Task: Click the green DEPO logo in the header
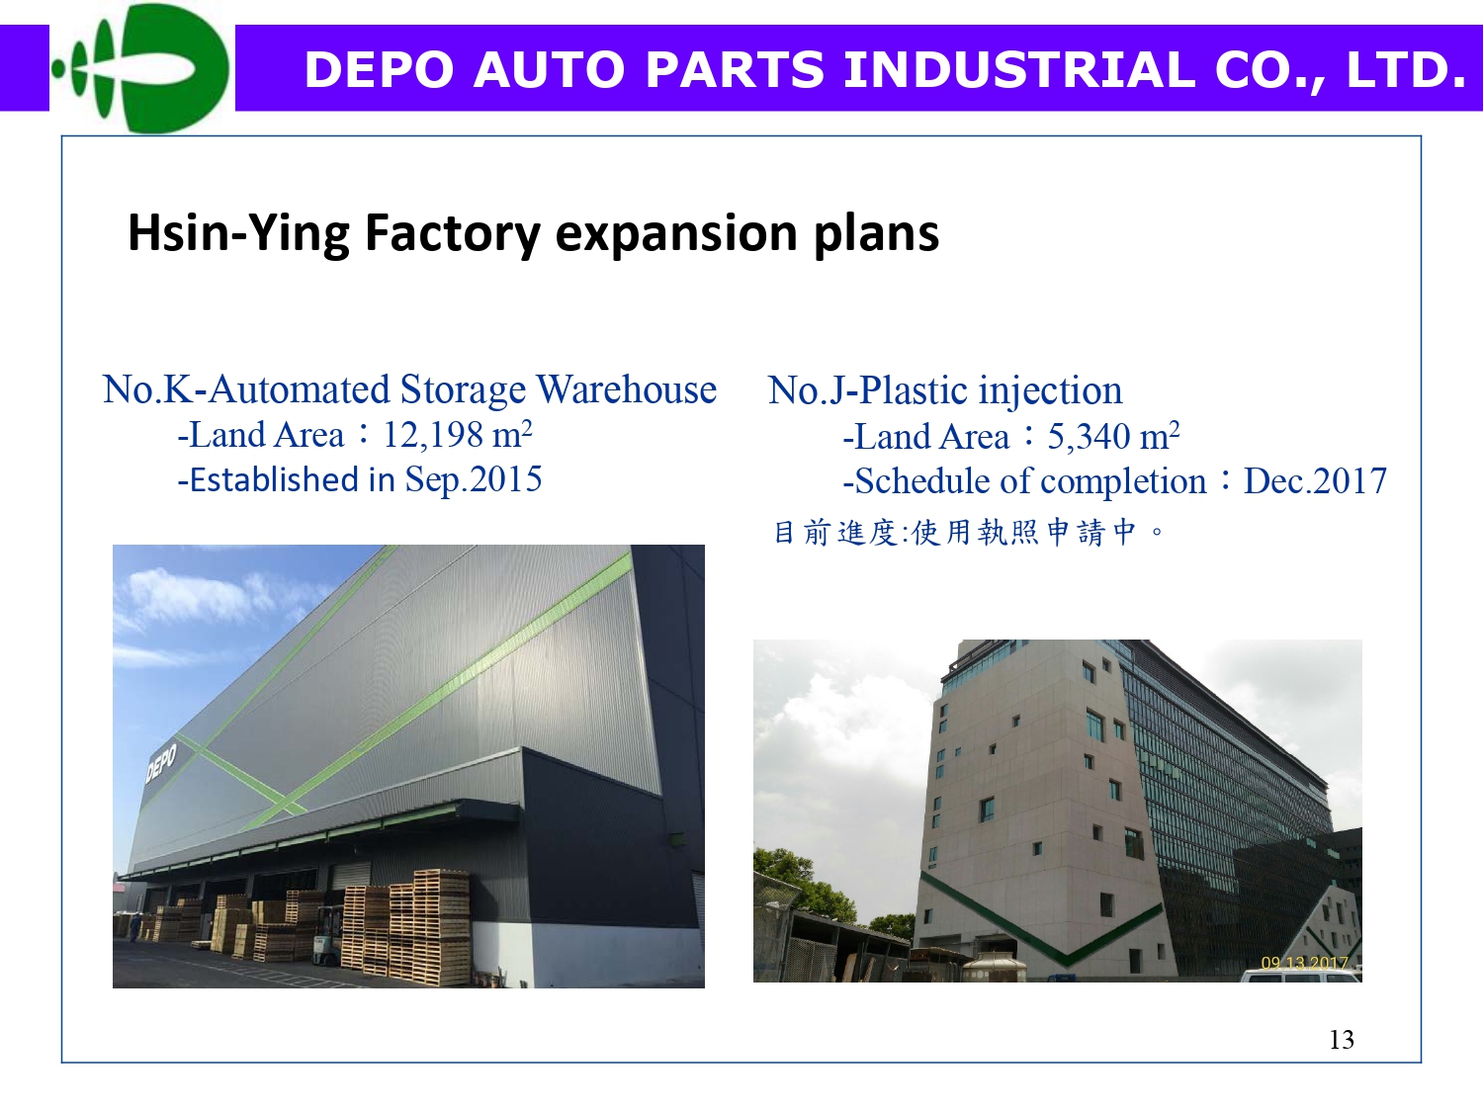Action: click(x=140, y=67)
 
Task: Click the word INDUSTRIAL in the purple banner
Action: click(x=1019, y=69)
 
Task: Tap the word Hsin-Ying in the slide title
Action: click(x=238, y=233)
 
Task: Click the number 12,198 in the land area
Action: click(x=432, y=435)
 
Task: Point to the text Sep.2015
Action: click(x=473, y=480)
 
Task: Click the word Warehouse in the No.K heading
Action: click(x=626, y=389)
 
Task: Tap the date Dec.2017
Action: click(x=1315, y=481)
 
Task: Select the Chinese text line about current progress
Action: click(x=968, y=533)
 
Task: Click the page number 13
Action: click(x=1341, y=1040)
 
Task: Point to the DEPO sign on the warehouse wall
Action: click(x=161, y=762)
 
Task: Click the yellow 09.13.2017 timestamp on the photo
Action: click(x=1304, y=964)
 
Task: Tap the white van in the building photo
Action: click(x=1301, y=976)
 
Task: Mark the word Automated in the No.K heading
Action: click(x=300, y=389)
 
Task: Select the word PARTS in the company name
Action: click(x=736, y=69)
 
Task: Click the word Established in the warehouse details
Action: click(x=274, y=480)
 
